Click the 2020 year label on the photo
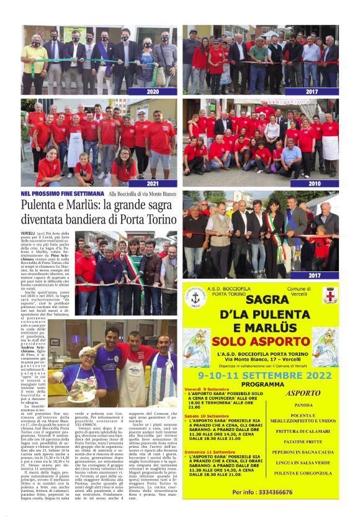[x=153, y=91]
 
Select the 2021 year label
[x=153, y=184]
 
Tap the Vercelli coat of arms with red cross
[x=330, y=294]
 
